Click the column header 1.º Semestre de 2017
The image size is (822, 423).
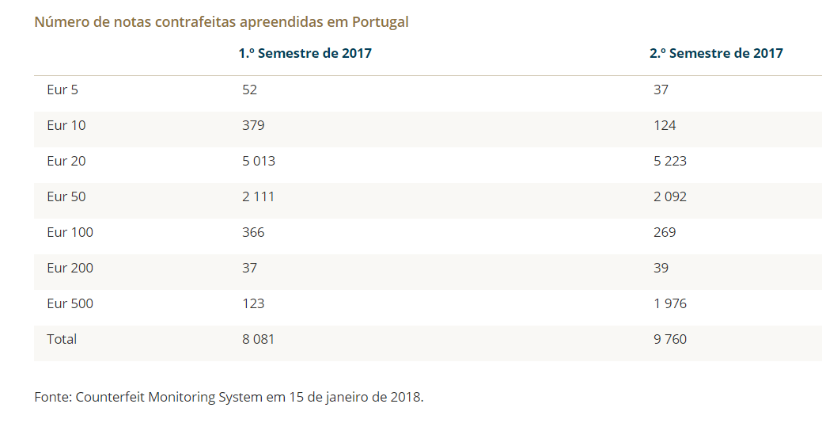click(305, 54)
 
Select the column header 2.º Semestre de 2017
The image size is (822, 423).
click(716, 54)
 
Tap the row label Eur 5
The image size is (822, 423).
click(63, 90)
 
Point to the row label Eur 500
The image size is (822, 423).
click(70, 303)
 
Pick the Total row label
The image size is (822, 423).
click(62, 339)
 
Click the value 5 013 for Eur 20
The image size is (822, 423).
click(259, 161)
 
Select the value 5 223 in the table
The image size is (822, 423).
click(670, 161)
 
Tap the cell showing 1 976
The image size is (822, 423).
click(670, 303)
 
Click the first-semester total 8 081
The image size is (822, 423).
click(259, 339)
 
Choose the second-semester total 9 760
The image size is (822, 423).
click(670, 339)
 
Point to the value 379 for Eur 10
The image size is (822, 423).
click(253, 125)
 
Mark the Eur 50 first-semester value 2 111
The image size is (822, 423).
click(259, 196)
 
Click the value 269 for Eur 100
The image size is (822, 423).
click(665, 232)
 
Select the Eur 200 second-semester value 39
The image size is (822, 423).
click(661, 268)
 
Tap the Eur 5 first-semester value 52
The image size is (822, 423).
click(249, 90)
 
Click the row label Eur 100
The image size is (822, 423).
click(70, 232)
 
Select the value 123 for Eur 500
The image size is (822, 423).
click(253, 303)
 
